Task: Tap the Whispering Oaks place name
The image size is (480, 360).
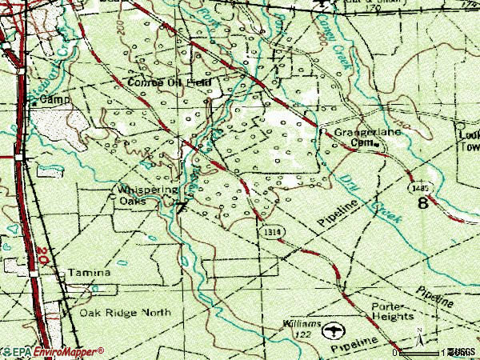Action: coord(147,194)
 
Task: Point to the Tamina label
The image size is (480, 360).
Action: coord(89,273)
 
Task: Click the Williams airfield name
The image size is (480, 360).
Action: coord(302,324)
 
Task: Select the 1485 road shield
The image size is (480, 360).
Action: coord(413,186)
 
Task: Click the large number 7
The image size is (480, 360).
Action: coord(181,208)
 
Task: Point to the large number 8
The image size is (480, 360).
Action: coord(423,203)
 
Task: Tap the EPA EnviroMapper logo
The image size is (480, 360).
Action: coord(53,351)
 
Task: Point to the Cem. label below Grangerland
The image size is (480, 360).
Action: coord(363,143)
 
